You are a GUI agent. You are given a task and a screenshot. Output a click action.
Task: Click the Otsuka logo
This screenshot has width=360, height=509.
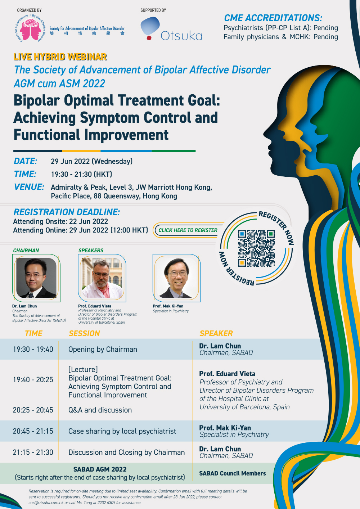tap(171, 29)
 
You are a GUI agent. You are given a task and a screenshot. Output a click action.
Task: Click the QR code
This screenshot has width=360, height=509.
tap(256, 248)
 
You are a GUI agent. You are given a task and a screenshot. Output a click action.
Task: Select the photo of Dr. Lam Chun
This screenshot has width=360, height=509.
tap(36, 278)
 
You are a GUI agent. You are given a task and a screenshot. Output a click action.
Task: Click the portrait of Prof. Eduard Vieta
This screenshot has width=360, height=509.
tap(102, 278)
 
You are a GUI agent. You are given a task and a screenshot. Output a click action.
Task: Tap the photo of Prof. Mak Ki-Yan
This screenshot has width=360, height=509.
tap(177, 278)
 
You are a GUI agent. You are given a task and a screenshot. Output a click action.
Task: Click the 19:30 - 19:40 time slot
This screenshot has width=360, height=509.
tap(33, 349)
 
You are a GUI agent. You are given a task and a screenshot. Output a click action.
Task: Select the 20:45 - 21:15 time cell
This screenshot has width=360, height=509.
tap(33, 431)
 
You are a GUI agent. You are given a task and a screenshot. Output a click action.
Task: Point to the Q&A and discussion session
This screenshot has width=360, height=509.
tap(100, 410)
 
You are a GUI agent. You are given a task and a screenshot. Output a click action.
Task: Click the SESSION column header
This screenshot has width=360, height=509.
tap(84, 333)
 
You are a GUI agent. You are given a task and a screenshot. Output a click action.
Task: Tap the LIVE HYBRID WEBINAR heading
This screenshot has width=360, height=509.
tap(60, 57)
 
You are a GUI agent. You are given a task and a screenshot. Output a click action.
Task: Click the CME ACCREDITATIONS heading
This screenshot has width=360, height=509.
tap(273, 18)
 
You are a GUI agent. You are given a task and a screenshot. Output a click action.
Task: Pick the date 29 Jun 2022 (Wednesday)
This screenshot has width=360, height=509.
tap(91, 161)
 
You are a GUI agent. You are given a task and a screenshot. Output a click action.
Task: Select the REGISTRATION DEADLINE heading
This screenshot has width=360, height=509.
tap(67, 212)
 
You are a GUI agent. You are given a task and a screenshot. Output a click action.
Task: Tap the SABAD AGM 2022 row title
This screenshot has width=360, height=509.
tap(100, 469)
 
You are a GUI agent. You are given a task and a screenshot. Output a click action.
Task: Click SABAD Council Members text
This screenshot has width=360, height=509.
tap(233, 473)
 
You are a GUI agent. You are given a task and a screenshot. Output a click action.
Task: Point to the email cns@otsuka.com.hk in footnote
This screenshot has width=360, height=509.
tap(46, 503)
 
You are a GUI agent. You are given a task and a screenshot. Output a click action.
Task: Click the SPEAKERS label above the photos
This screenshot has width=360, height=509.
tap(91, 251)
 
